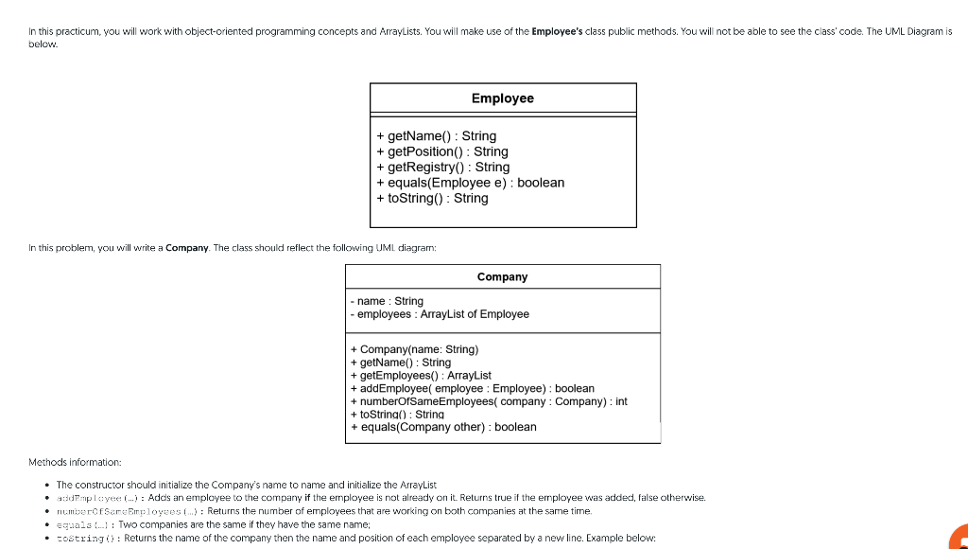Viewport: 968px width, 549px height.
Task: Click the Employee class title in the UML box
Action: [502, 98]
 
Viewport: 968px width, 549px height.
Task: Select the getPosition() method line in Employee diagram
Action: [441, 151]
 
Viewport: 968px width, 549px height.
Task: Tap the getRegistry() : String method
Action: [442, 167]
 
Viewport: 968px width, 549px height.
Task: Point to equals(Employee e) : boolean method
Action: [470, 183]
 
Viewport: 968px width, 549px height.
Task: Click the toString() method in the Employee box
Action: [432, 198]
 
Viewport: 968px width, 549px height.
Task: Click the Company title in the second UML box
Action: [502, 276]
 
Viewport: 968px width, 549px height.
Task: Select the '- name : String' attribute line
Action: [386, 301]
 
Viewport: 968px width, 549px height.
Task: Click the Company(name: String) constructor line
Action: [414, 349]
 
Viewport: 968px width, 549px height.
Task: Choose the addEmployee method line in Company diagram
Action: [472, 388]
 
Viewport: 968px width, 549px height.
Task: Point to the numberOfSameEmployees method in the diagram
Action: [488, 401]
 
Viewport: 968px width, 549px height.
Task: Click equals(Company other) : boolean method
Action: [442, 427]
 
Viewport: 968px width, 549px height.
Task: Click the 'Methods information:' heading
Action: [76, 462]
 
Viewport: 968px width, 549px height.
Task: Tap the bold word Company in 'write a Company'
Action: [187, 248]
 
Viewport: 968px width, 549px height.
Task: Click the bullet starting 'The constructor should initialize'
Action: [246, 484]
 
